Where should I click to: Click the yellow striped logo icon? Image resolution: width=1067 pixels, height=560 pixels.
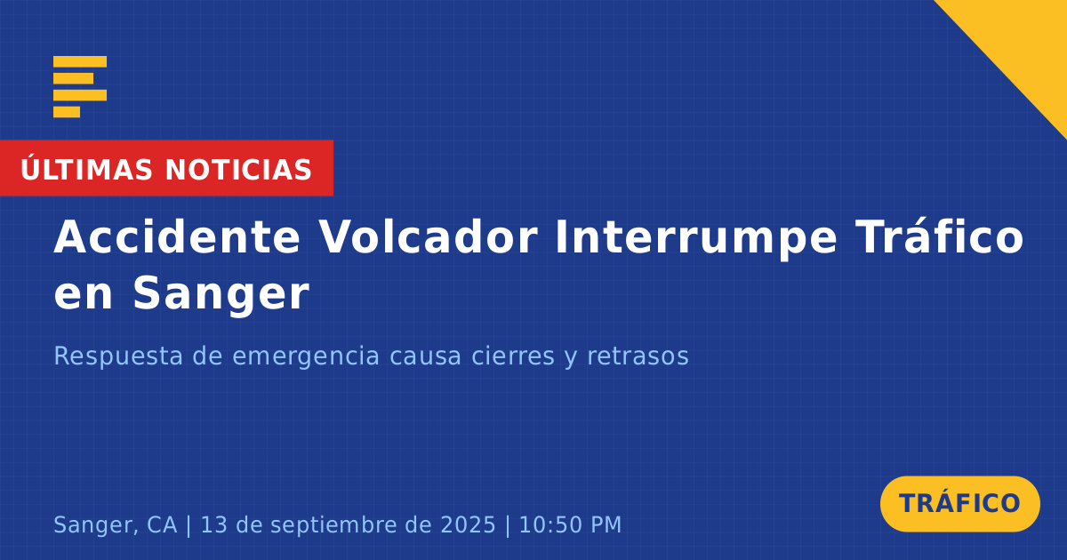(x=80, y=87)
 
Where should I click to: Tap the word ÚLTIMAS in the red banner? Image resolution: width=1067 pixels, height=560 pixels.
(x=86, y=169)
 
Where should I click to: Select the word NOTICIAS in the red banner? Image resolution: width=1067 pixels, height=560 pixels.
(x=238, y=170)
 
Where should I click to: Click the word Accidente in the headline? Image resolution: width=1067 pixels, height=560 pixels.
(x=177, y=237)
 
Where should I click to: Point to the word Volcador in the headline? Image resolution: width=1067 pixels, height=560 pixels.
(x=428, y=237)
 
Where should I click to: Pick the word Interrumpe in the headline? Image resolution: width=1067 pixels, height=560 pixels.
(x=696, y=239)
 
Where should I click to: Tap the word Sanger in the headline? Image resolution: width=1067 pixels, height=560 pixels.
(x=221, y=295)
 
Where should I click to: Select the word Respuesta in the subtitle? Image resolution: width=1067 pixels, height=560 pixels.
(x=118, y=356)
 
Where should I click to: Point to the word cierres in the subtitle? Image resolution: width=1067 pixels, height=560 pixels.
(x=513, y=356)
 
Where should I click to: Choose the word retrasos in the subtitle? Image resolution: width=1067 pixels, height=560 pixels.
(x=638, y=356)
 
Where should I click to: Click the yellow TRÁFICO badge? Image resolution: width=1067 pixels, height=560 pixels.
(x=959, y=504)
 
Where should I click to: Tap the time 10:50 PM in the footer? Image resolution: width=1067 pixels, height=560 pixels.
(x=570, y=524)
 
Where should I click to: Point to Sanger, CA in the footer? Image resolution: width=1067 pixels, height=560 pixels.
(x=116, y=525)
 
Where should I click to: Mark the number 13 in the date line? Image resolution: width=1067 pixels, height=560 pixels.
(x=214, y=524)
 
